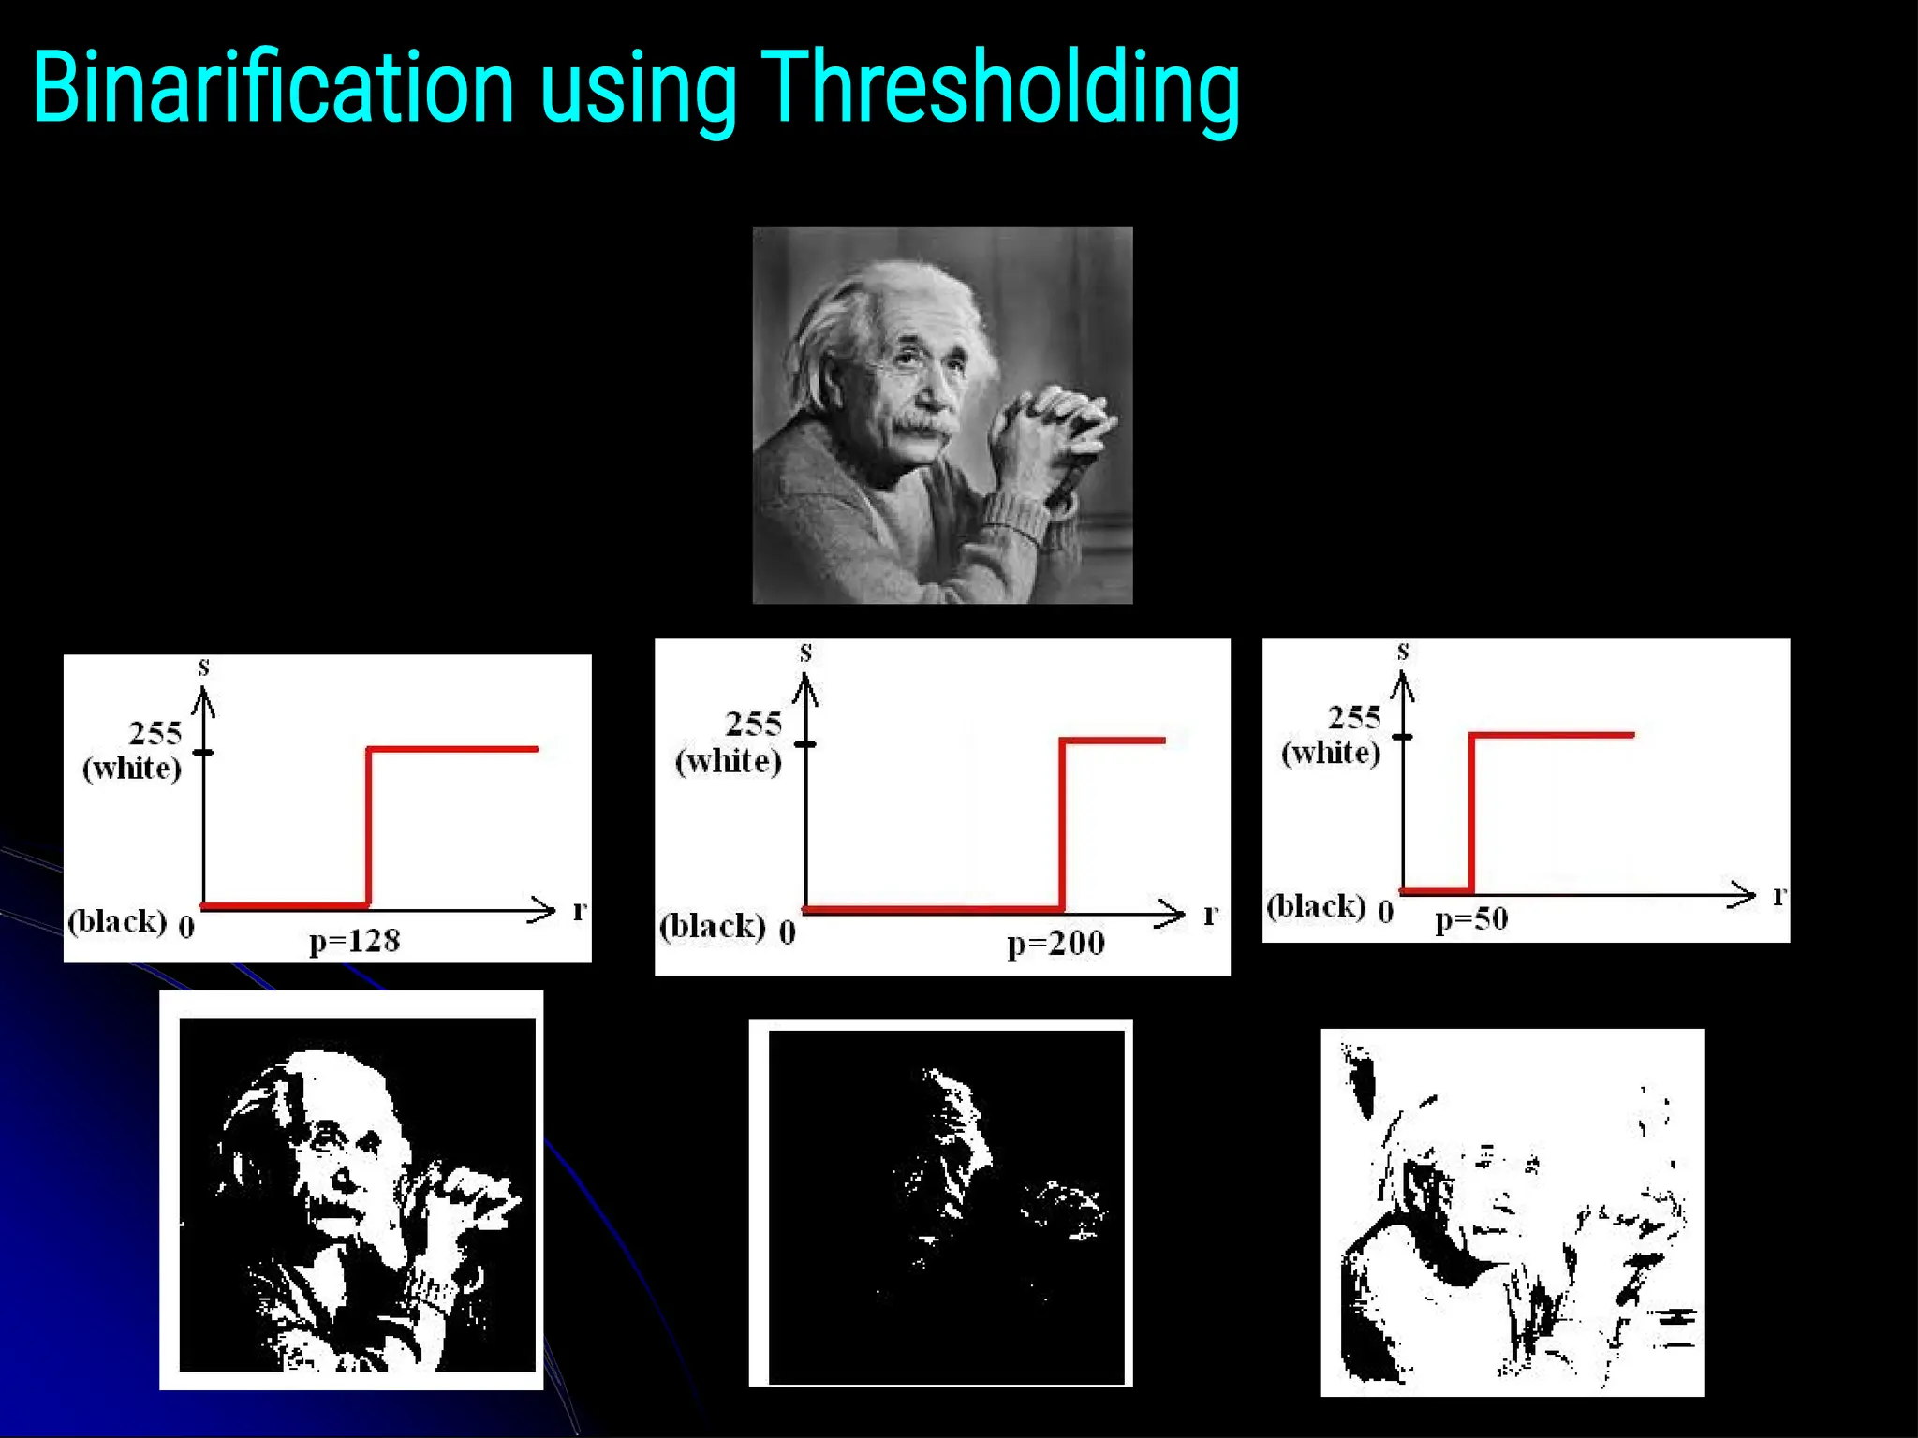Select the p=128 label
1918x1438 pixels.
[x=355, y=940]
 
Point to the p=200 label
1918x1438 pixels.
[x=1055, y=943]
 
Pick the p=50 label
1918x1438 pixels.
[x=1471, y=918]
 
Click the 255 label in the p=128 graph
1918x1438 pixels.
[x=155, y=732]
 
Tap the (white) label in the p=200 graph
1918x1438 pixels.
[x=728, y=760]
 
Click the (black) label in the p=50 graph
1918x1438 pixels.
[x=1315, y=906]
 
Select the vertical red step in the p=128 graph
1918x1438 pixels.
[x=368, y=828]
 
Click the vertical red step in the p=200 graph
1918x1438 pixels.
[x=1062, y=824]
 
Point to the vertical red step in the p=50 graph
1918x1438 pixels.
[x=1471, y=813]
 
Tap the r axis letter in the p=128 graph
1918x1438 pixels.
[x=580, y=909]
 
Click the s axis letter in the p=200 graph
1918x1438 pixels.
[x=805, y=653]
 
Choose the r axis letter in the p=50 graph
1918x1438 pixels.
[x=1779, y=895]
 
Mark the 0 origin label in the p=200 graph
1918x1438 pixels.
[x=788, y=932]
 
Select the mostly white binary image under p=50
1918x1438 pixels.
[x=1512, y=1212]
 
